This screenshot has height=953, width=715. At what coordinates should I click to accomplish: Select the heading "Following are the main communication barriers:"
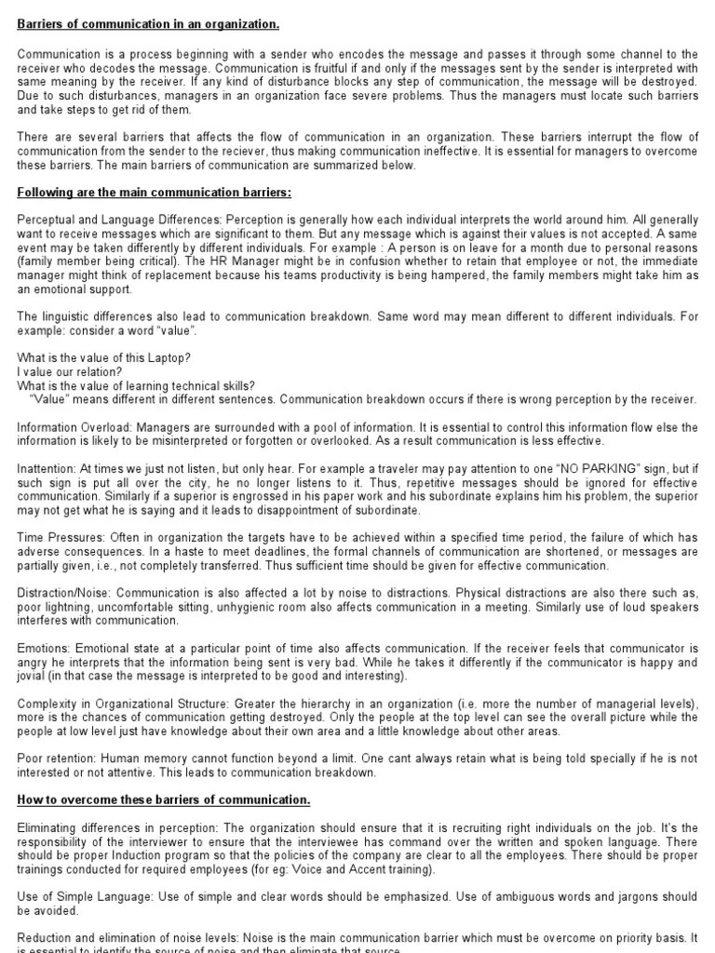(155, 193)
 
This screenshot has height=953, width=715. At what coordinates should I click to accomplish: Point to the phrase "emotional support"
(79, 289)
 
